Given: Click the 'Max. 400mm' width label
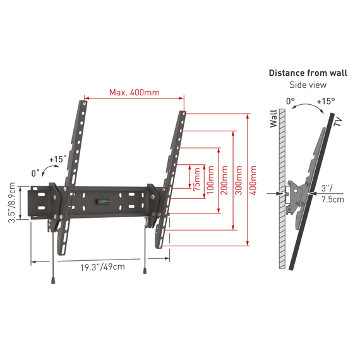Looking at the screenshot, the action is coord(135,92).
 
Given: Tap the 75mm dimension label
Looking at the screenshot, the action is coord(197,179).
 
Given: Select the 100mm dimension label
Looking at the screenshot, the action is coord(210,180).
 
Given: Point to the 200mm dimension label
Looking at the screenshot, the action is coord(224,180).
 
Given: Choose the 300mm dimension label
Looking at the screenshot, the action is coord(239,180).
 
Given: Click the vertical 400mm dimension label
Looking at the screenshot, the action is coord(253,180).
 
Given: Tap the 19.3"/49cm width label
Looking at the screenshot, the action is coord(102,267).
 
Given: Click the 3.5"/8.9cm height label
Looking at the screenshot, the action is coord(11,203).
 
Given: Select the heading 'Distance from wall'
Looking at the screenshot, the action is coord(308,73).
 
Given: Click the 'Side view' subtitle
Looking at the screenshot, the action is coord(308,85).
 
